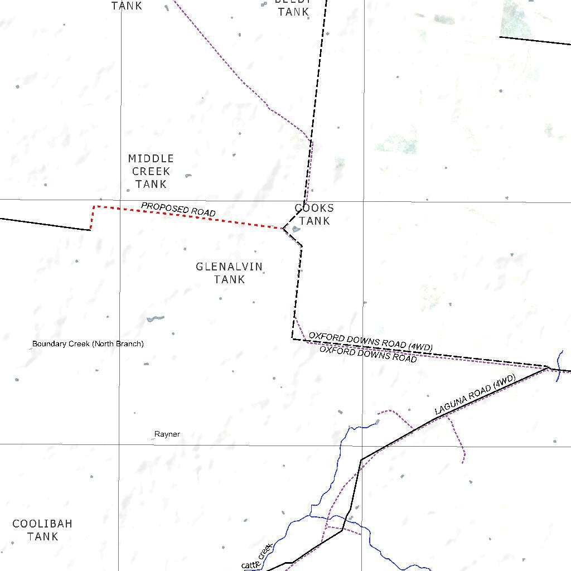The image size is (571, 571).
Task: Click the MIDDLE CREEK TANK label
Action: pos(151,171)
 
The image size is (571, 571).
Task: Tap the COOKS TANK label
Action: pos(314,215)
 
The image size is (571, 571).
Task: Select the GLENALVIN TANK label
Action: pos(229,273)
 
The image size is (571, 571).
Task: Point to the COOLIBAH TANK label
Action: pos(42,530)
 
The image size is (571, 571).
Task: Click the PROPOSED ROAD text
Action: pos(178,210)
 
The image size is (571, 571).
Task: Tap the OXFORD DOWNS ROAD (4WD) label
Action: pos(371,342)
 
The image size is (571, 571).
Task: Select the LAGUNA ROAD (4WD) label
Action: pos(475,395)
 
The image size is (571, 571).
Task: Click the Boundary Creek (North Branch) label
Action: pos(88,344)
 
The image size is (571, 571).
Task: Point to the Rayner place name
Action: pos(167,434)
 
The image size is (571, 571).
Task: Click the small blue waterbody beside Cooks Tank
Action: pos(296,229)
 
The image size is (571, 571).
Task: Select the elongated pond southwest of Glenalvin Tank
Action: pos(155,319)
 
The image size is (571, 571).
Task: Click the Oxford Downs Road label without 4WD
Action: pos(368,354)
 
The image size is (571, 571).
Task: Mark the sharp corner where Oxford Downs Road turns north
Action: pos(293,338)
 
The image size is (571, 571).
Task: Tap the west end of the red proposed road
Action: pos(90,229)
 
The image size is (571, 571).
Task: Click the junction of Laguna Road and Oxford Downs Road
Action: pos(548,367)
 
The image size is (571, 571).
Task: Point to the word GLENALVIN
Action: pos(229,267)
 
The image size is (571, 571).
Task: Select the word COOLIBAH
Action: pos(42,524)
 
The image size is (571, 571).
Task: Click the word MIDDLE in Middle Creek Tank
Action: pos(151,158)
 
